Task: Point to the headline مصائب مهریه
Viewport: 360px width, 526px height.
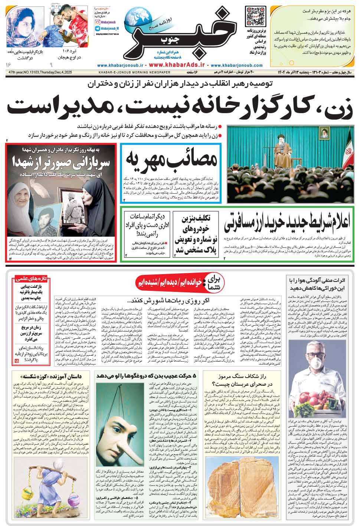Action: pyautogui.click(x=171, y=158)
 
